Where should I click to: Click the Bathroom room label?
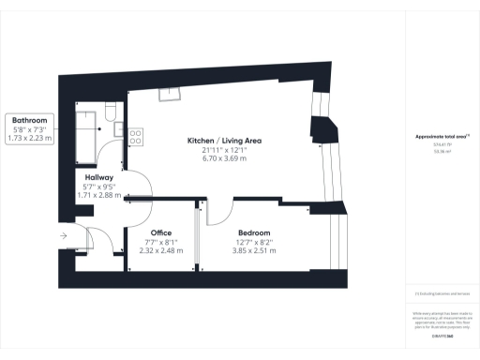point(30,120)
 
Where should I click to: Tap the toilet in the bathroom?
point(110,113)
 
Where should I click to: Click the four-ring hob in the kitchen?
point(135,136)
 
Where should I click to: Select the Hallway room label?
point(99,176)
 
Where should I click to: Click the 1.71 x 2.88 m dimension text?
point(99,196)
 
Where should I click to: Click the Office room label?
point(161,232)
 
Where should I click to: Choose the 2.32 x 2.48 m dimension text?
point(161,251)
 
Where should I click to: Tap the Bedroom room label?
point(253,232)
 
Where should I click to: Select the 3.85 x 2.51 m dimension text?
point(253,251)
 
